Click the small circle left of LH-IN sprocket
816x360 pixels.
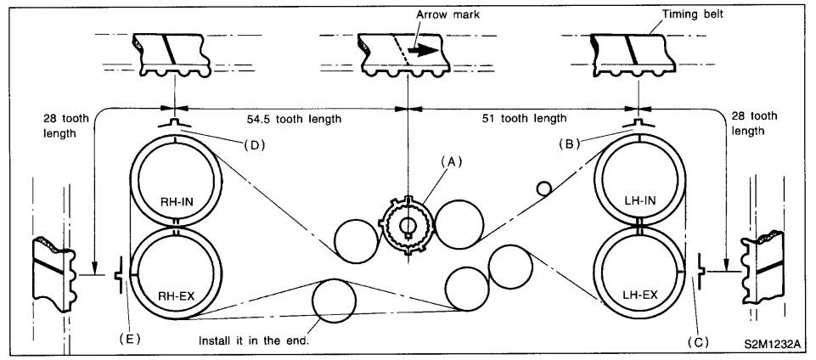(x=543, y=188)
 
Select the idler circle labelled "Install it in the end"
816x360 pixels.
(x=335, y=302)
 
